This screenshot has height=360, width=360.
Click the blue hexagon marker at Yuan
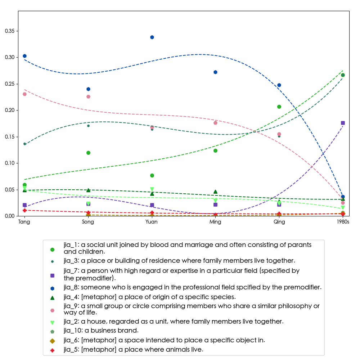[152, 37]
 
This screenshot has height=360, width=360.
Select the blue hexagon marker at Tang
[24, 56]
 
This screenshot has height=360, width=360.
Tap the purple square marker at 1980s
[343, 123]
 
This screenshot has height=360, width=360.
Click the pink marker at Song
[88, 96]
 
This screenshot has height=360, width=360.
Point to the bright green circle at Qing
[279, 107]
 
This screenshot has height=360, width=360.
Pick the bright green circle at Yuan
[152, 175]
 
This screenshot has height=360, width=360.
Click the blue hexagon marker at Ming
[215, 72]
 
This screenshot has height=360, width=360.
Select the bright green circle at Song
[88, 153]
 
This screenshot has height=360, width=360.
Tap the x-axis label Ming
[215, 222]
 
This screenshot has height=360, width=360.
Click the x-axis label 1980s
[343, 222]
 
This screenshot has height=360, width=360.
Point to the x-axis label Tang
[24, 222]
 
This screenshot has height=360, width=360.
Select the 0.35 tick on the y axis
[9, 31]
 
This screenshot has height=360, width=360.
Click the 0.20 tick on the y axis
[9, 110]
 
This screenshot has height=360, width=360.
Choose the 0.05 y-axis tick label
[9, 190]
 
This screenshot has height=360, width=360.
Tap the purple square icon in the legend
[52, 275]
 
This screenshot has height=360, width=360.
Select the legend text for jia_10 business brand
[101, 330]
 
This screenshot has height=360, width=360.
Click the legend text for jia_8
[192, 287]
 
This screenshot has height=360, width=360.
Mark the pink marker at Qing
[279, 134]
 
